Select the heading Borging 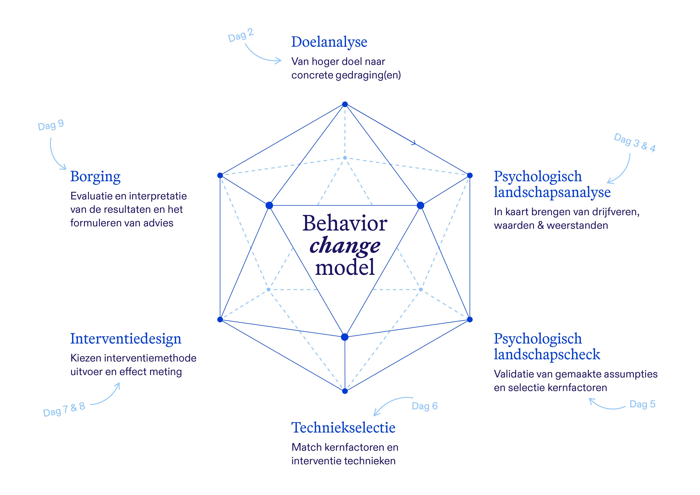tap(95, 177)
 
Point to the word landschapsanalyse tap(552, 192)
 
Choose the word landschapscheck tap(547, 354)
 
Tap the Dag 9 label tap(51, 125)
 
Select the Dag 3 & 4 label tap(635, 143)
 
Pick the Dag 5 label tap(642, 404)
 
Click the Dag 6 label tap(425, 406)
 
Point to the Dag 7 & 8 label tap(64, 409)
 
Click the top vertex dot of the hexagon tap(345, 104)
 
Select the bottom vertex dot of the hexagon tap(345, 391)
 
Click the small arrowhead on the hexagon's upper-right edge tap(414, 143)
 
